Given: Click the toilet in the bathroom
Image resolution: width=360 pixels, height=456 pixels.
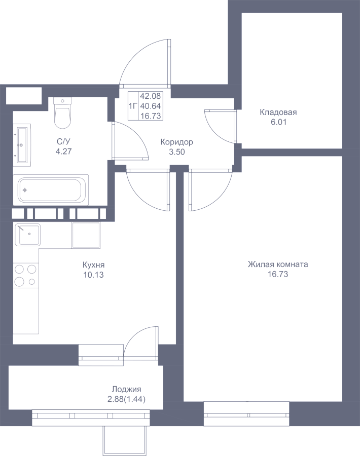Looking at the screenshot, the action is [62, 113].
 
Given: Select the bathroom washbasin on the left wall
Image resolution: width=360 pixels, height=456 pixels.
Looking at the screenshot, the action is [22, 145].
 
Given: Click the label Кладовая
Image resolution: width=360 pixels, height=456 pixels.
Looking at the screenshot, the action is [278, 112].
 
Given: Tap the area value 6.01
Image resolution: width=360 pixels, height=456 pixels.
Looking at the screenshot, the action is [278, 122].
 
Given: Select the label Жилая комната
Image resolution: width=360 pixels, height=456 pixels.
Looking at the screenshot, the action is [278, 264].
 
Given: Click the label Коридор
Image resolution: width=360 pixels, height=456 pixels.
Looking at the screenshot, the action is [176, 142].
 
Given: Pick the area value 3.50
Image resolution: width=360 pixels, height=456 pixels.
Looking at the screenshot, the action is [177, 152].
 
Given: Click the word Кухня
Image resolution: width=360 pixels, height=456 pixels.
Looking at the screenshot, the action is [93, 265].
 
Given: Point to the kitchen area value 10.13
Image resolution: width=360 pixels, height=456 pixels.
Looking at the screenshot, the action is [93, 275].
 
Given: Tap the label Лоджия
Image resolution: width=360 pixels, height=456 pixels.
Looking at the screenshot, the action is [127, 390].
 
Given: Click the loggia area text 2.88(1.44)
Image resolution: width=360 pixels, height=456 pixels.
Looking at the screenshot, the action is [127, 399].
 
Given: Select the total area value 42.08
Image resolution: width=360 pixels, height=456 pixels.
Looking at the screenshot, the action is [151, 96].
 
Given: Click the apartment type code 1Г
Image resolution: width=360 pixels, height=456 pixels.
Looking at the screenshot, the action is [133, 106].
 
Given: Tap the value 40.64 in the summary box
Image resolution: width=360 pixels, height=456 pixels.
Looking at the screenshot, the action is [151, 106].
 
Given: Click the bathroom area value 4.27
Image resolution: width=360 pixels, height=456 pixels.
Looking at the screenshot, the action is [63, 151].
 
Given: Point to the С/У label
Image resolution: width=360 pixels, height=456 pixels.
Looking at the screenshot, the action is [63, 142].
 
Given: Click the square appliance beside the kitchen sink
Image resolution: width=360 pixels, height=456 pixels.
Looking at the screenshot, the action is [86, 235].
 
